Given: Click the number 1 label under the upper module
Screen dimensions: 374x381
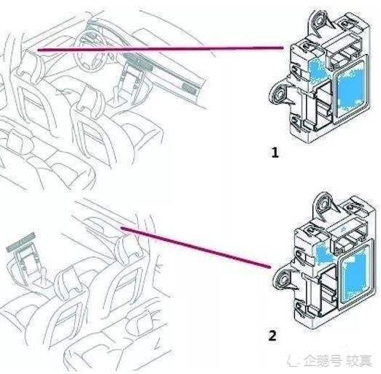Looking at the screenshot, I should tap(274, 153).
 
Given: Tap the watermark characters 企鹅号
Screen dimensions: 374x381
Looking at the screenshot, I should tap(322, 360).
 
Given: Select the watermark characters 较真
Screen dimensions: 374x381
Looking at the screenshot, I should tap(358, 360).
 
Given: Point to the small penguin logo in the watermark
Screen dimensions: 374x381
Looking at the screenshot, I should tap(296, 360).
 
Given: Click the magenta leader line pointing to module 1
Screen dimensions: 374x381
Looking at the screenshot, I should tap(161, 49).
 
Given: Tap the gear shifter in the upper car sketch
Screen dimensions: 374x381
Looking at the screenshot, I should tap(131, 73).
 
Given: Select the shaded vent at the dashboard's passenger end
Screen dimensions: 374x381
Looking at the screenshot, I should tap(188, 84).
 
